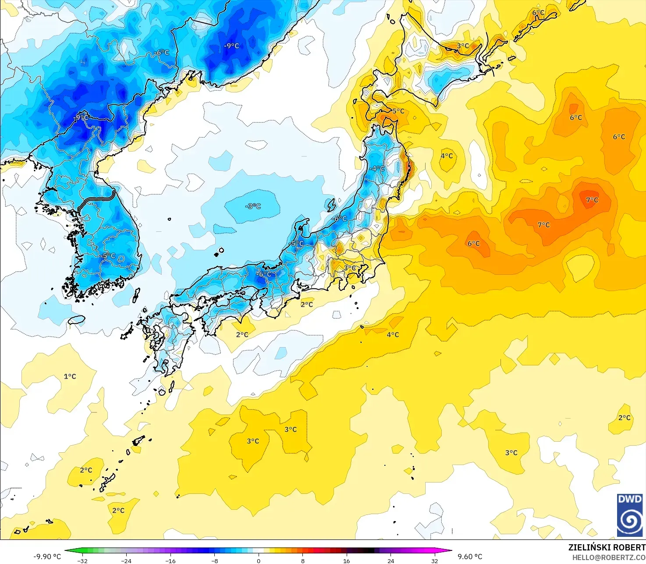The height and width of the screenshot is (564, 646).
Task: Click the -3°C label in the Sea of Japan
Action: tap(253, 206)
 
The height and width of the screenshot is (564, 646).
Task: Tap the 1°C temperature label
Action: tap(70, 376)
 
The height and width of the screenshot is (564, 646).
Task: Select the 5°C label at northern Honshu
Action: tap(398, 111)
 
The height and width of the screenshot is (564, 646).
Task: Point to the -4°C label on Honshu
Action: tap(376, 168)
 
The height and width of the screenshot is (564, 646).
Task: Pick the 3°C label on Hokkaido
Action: tap(463, 46)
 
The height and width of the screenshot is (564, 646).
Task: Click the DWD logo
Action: tap(630, 515)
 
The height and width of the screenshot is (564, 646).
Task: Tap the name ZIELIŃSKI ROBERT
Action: tap(607, 547)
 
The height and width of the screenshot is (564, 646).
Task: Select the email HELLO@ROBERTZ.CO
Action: tap(609, 557)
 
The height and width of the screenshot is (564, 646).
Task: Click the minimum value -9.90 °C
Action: tap(47, 557)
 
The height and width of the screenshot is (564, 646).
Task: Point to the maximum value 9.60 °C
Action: tap(470, 557)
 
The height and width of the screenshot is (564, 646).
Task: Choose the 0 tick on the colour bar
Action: tap(259, 560)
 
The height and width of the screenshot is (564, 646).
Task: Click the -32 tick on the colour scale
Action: tap(82, 560)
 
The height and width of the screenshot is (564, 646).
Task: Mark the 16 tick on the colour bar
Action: tap(347, 560)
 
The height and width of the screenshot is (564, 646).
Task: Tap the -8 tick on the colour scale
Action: tap(215, 560)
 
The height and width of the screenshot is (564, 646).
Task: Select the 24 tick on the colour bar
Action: tap(390, 560)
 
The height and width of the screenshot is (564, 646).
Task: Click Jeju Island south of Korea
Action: tap(77, 319)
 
